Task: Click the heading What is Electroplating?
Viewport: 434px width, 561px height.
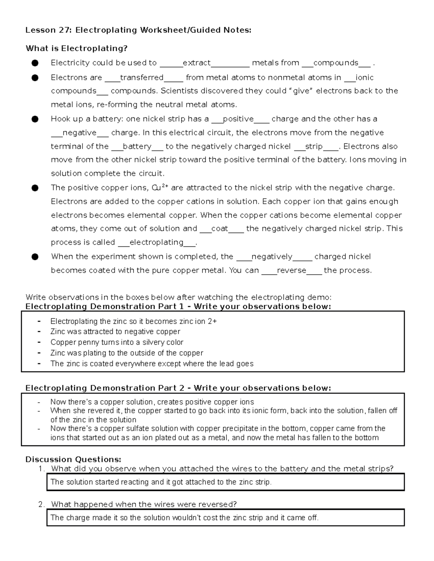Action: click(76, 48)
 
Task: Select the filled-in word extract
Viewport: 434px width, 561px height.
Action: click(196, 63)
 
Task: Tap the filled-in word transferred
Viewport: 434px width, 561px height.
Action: click(141, 78)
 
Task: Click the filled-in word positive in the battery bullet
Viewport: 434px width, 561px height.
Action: click(238, 119)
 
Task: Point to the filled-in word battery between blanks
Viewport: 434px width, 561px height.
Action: click(137, 146)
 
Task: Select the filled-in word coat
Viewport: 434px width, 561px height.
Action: click(219, 229)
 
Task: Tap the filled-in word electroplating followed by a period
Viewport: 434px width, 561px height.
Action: click(156, 242)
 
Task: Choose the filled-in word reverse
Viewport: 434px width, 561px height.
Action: click(292, 271)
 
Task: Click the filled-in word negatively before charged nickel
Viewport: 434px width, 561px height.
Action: click(272, 257)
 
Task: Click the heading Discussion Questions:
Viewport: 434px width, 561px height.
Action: click(73, 459)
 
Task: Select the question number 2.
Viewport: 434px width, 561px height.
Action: click(41, 504)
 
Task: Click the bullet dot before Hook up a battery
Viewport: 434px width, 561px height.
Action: click(35, 119)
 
